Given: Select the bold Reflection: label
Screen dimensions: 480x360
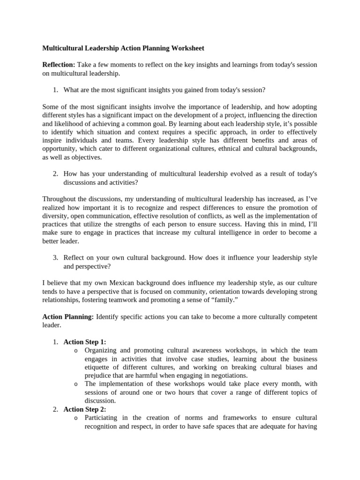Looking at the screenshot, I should click(x=59, y=64).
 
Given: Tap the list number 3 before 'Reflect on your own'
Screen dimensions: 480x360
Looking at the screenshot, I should click(x=55, y=258).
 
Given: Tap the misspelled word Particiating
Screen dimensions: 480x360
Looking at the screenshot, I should click(x=102, y=418).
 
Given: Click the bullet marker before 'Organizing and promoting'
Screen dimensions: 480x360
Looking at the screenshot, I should click(x=76, y=351).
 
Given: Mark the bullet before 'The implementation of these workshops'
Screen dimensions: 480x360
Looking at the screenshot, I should click(x=76, y=384).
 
